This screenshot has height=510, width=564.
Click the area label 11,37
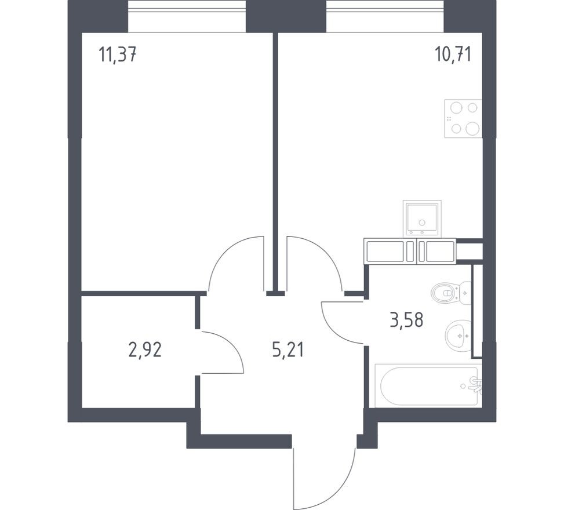118,56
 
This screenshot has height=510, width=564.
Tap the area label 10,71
453,54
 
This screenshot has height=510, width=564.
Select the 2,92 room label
145,349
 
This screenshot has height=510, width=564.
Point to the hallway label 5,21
288,349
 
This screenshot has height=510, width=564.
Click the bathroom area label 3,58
410,319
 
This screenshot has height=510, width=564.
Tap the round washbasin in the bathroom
459,334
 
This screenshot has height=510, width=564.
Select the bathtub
426,385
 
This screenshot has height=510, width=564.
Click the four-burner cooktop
463,118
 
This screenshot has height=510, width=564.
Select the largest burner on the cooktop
473,129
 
